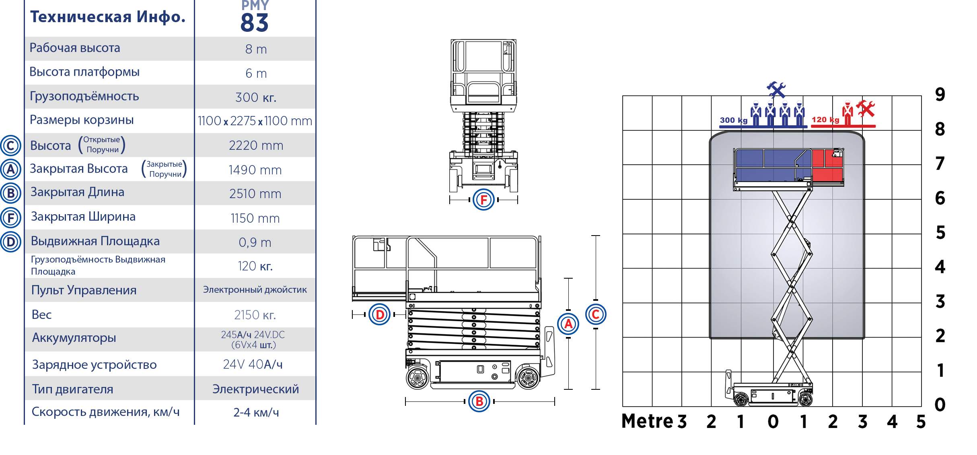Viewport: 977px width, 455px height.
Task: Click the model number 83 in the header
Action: coord(254,23)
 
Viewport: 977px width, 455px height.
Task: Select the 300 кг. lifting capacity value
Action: coord(256,97)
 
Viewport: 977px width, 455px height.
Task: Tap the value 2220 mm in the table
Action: coord(256,145)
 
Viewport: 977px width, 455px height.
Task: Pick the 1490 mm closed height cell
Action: coord(255,170)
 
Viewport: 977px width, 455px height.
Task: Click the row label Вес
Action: coord(41,314)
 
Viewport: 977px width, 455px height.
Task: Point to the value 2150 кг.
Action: coord(255,315)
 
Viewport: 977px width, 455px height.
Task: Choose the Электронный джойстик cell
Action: coord(255,290)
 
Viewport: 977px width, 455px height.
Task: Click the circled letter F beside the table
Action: coord(11,218)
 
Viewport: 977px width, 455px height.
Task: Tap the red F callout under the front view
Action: coord(483,199)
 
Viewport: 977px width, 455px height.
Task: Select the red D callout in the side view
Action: coord(379,314)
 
